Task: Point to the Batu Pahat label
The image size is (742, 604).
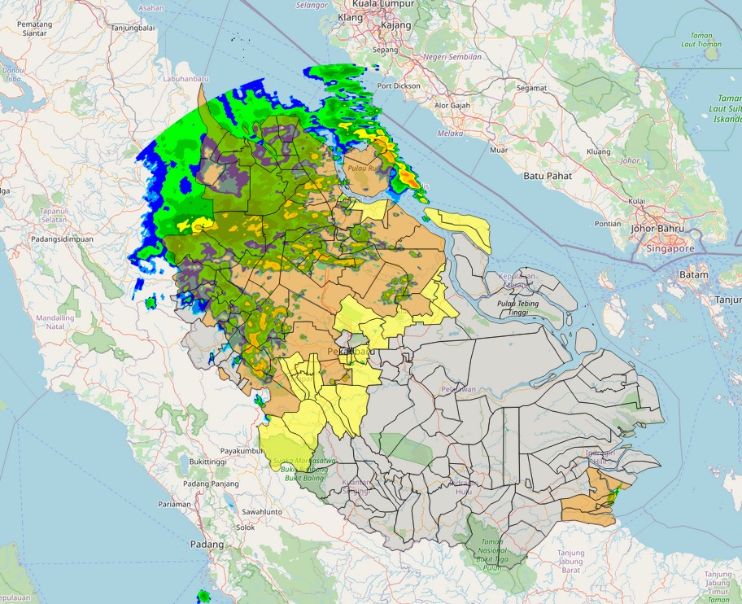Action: coord(547,176)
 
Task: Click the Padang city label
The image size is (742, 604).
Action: coord(206,544)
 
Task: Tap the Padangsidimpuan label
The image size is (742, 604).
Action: coord(62,239)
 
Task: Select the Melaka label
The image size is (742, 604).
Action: coord(450,133)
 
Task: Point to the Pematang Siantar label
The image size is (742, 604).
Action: coord(34,28)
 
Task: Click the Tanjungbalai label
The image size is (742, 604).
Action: coord(133,27)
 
